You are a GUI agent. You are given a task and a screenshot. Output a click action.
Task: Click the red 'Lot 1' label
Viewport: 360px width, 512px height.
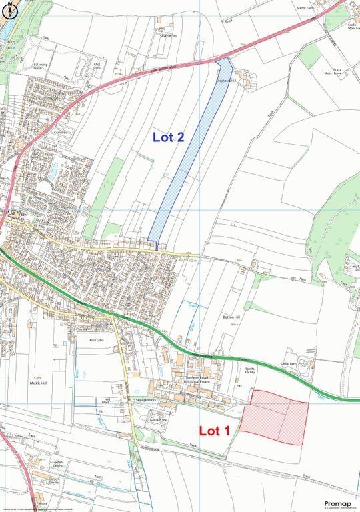pyautogui.click(x=215, y=431)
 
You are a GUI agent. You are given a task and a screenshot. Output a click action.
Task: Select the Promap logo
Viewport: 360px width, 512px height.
pyautogui.click(x=337, y=504)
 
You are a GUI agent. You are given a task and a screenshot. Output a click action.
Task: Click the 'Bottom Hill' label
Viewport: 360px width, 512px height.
pyautogui.click(x=231, y=317)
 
